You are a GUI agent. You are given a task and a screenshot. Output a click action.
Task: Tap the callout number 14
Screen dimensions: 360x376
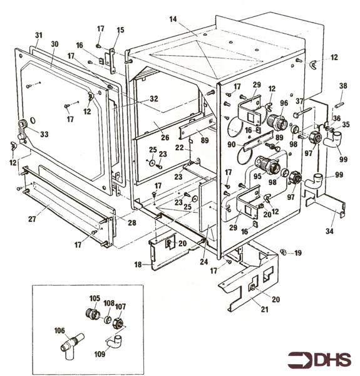[x=173, y=19]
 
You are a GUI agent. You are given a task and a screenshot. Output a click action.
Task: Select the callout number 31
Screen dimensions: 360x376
[x=39, y=35]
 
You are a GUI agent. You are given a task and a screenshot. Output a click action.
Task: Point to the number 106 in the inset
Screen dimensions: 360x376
[x=59, y=331]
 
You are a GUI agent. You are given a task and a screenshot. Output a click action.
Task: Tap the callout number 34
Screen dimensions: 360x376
[x=329, y=231]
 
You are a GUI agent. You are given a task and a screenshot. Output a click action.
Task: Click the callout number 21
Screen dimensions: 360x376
[x=264, y=310]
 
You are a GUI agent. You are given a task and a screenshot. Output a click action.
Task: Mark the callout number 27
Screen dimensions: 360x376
[x=33, y=219]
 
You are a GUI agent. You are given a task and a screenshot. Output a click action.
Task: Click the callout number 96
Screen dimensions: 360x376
[x=284, y=103]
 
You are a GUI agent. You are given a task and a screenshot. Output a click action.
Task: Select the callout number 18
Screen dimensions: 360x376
[x=138, y=264]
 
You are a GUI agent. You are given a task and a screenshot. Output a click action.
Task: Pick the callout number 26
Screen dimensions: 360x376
[x=165, y=137]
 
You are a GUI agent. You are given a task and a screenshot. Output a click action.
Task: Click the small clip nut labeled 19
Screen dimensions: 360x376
[x=284, y=252]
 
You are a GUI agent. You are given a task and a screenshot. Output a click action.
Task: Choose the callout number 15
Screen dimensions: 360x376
[x=120, y=30]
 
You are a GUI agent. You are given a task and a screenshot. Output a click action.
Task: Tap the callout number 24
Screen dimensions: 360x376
[x=204, y=262]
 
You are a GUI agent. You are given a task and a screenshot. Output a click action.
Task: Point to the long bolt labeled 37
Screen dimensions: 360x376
[x=304, y=112]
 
